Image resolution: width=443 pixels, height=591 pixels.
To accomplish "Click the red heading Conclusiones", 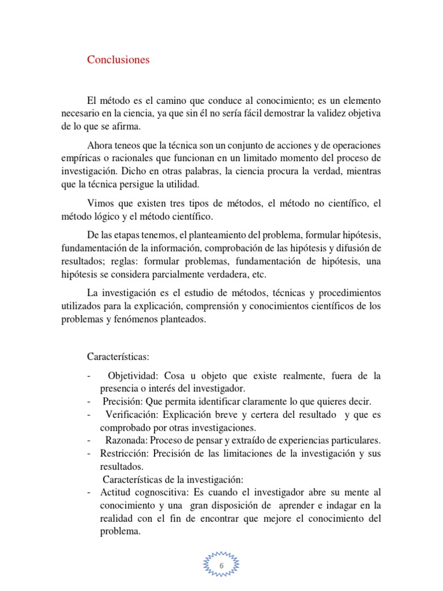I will coord(118,59).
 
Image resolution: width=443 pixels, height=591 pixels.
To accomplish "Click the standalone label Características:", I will coord(118,357).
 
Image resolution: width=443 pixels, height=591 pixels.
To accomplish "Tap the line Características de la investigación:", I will coord(173,479).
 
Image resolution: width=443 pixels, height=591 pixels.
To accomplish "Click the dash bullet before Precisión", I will coord(89,402).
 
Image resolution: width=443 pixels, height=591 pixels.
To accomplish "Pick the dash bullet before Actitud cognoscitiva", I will coord(89,492).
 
